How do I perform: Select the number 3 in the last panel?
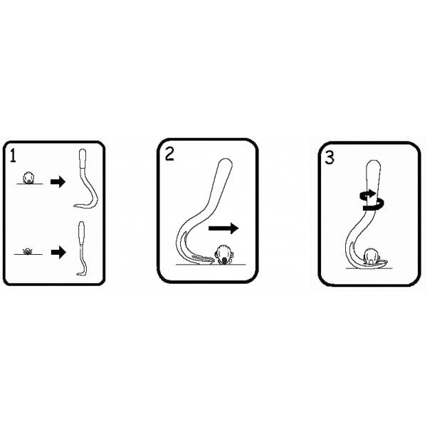[x=329, y=157]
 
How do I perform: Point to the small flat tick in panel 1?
[x=30, y=251]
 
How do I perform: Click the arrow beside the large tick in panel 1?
[x=58, y=182]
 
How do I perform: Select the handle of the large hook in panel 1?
[x=83, y=159]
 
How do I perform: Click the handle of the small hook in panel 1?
[x=82, y=233]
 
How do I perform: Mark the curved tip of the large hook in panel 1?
[x=77, y=206]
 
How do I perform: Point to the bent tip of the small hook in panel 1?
[x=78, y=274]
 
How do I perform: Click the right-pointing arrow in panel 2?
[x=223, y=229]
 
